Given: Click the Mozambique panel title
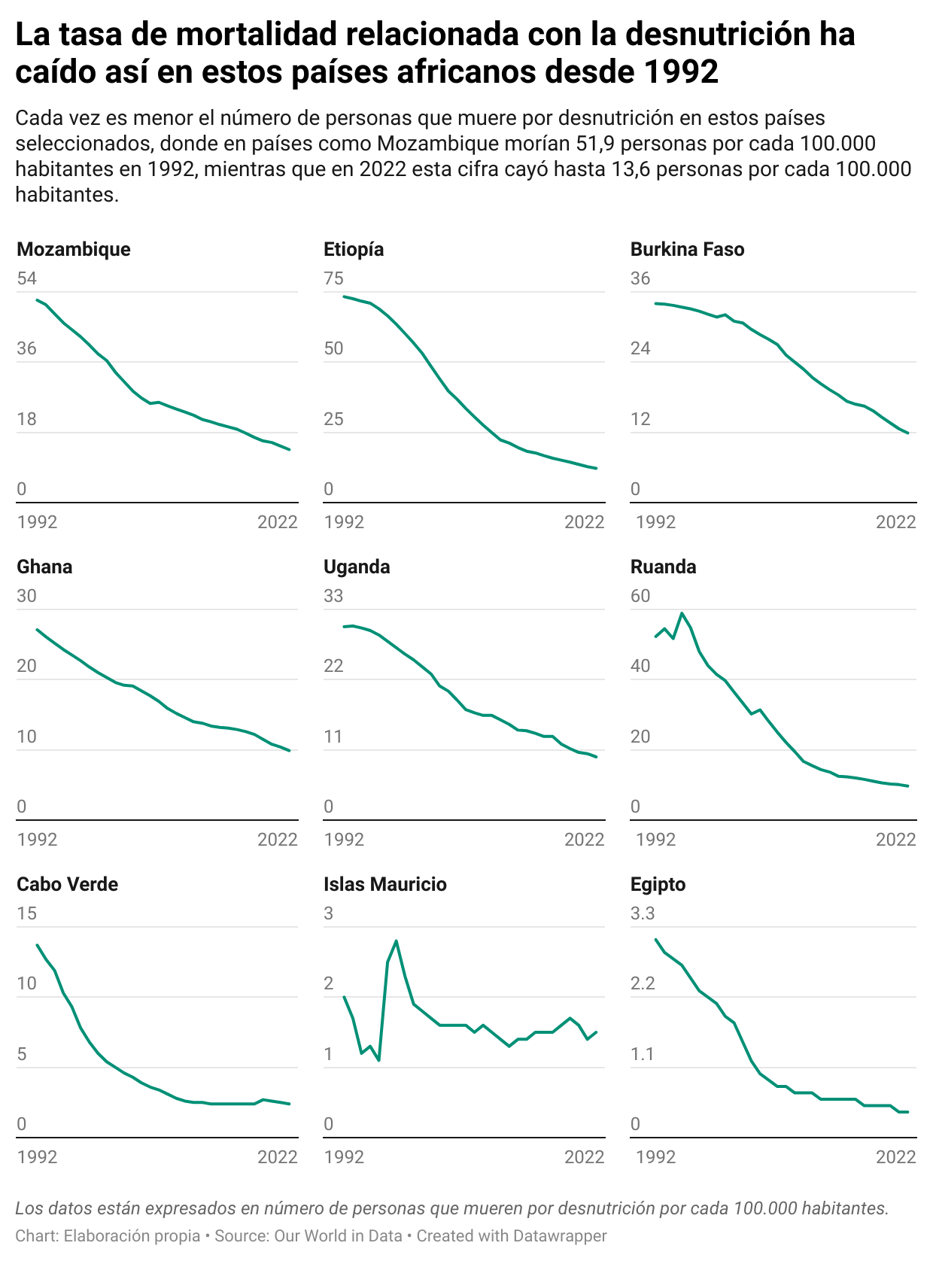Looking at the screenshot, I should [73, 250].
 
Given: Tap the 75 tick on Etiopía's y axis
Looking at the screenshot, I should [333, 279].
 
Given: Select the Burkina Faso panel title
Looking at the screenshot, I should [687, 250].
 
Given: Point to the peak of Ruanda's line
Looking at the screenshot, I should [682, 613].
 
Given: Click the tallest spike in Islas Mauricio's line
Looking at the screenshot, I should [397, 940].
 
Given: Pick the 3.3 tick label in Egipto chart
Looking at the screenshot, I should [643, 914].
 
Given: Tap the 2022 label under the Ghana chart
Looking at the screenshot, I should [278, 840].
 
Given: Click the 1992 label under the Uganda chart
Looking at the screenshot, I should [344, 840].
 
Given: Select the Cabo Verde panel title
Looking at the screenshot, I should [67, 885].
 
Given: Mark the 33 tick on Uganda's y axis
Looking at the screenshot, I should [333, 597].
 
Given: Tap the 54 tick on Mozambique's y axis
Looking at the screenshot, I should [26, 279].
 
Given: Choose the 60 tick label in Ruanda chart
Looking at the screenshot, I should [640, 597].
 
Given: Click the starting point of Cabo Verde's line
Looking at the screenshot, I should [37, 945].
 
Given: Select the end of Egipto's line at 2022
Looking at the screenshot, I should [908, 1112].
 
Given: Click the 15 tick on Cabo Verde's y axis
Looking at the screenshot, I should [26, 914].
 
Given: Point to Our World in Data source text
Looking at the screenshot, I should [338, 1236].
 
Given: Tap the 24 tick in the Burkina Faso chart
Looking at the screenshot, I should [640, 349].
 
